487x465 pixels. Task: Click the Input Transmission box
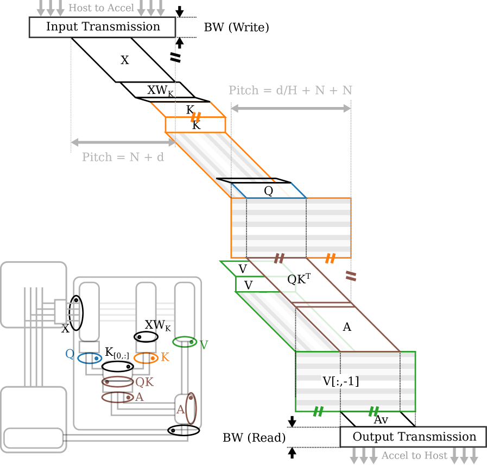(102, 27)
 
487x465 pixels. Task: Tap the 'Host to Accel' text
(101, 8)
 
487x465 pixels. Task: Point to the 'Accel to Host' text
(414, 456)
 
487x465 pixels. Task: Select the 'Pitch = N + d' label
(123, 158)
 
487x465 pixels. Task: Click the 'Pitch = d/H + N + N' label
(290, 90)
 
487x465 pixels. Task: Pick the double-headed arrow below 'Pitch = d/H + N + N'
(291, 109)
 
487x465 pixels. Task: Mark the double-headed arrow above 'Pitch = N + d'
(123, 142)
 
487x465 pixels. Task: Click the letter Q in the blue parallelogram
(268, 191)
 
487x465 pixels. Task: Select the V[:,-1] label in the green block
(341, 382)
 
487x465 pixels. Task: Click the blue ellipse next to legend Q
(90, 359)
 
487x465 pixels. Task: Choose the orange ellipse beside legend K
(146, 358)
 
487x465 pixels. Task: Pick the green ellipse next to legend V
(185, 342)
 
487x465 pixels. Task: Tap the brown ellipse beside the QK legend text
(117, 382)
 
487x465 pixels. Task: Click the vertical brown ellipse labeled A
(191, 408)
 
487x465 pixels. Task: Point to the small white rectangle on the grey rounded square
(60, 311)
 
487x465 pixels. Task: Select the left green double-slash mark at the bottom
(318, 412)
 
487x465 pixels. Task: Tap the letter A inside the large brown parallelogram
(347, 327)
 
